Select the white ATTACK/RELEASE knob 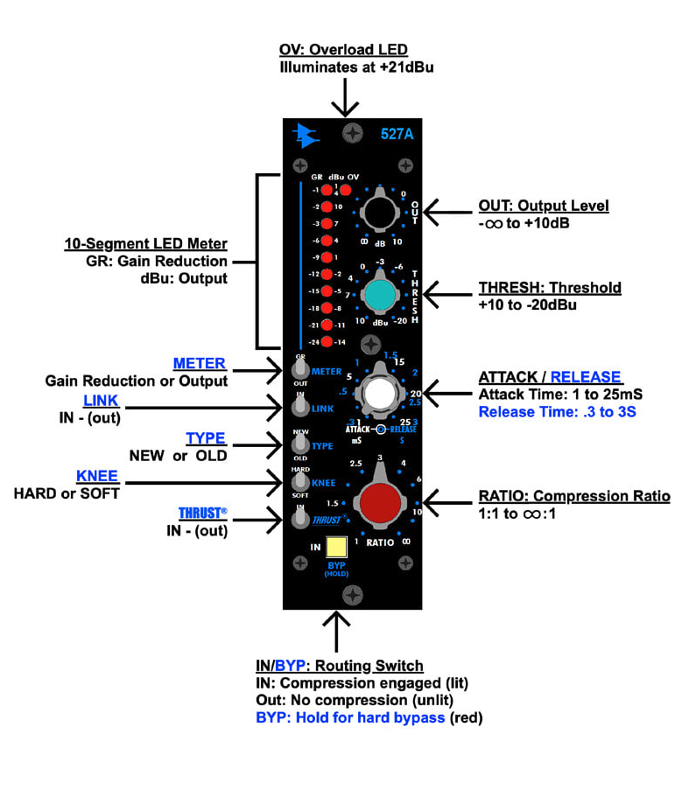click(x=378, y=395)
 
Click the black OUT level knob click(x=378, y=211)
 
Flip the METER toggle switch click(x=300, y=372)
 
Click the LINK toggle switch click(x=300, y=407)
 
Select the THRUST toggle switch click(x=300, y=520)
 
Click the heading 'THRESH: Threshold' click(x=549, y=288)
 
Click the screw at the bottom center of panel click(x=352, y=595)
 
